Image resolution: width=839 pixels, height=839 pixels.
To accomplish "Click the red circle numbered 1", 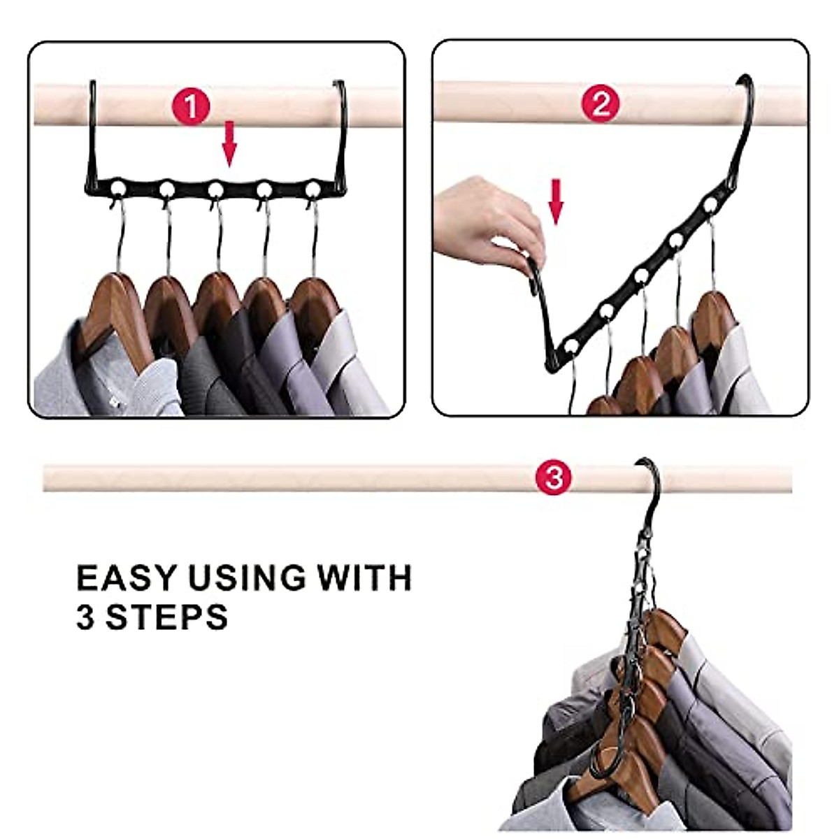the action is point(191,106).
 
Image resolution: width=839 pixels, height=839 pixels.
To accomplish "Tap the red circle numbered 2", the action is point(601,103).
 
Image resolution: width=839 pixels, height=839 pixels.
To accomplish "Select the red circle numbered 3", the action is point(554,478).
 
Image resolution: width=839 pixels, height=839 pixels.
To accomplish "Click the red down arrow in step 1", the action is point(229,144).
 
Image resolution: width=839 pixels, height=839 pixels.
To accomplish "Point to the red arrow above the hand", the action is point(556,202).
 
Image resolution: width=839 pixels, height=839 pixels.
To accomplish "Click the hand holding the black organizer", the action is point(487,222).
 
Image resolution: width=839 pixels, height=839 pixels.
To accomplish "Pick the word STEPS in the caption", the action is point(167,616).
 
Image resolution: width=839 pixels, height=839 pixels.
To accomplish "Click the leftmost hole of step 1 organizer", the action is point(117,189).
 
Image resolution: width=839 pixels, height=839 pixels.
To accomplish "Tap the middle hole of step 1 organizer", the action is point(215,190).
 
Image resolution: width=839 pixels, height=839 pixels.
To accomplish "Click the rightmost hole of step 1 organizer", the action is point(313,189).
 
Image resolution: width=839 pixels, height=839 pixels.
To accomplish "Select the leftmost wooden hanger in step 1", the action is point(113,318).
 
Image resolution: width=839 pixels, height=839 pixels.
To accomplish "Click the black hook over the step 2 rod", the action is point(747,109).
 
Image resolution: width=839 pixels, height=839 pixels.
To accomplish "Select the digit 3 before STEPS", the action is point(86,617).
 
